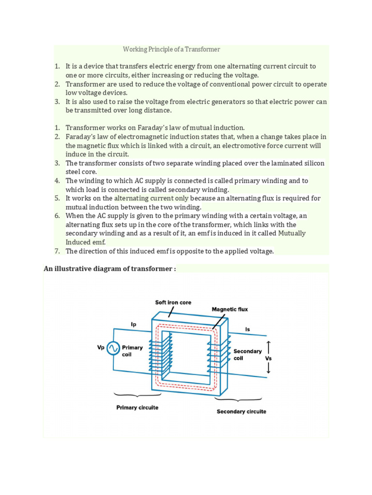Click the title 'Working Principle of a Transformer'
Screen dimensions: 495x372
tap(171, 49)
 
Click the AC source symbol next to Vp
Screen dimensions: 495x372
tap(113, 348)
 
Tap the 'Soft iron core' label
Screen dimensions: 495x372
tap(173, 303)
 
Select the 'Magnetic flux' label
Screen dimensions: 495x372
tap(230, 309)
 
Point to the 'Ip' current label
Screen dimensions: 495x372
tap(134, 324)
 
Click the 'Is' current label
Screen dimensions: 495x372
tap(248, 329)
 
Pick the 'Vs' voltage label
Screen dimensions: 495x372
tap(268, 359)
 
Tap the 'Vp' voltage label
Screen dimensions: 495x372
tap(101, 347)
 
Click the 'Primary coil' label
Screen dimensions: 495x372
tap(132, 350)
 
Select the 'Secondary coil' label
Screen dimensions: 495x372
tap(247, 354)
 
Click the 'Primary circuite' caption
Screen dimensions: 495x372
tap(137, 408)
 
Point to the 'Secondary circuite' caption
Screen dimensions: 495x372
tap(241, 411)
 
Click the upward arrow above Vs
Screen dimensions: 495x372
tap(269, 347)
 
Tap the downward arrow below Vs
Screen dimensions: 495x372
tap(269, 370)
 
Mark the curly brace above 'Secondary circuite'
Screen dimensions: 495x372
tap(238, 400)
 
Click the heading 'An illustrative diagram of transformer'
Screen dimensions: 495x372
tap(109, 269)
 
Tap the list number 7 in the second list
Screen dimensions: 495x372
tap(57, 251)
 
